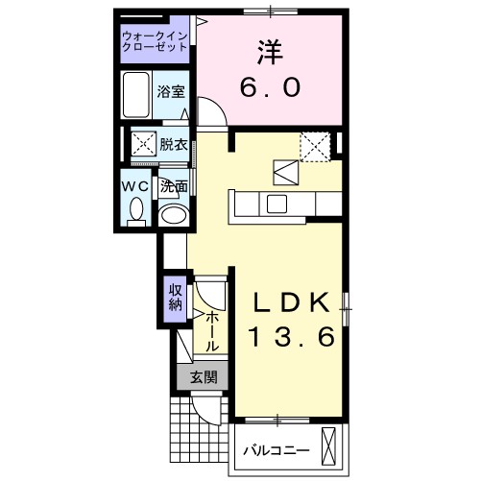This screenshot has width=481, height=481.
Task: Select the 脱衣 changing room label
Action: click(x=173, y=145)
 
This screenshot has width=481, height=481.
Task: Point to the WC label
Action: click(x=134, y=185)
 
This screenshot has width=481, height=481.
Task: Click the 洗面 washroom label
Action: click(x=173, y=186)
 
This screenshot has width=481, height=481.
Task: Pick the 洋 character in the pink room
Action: click(x=270, y=48)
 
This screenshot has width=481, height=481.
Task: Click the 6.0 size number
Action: click(x=270, y=86)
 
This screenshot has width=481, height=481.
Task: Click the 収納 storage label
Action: click(x=175, y=298)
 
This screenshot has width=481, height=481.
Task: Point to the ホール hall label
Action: click(x=212, y=330)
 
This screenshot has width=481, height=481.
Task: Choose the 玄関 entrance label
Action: click(x=202, y=377)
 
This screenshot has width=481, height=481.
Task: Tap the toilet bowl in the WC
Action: click(x=135, y=208)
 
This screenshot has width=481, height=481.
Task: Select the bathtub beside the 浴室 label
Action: click(x=137, y=94)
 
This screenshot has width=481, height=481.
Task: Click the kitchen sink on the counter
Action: click(x=277, y=204)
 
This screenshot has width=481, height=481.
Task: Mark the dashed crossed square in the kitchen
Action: click(x=315, y=145)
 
